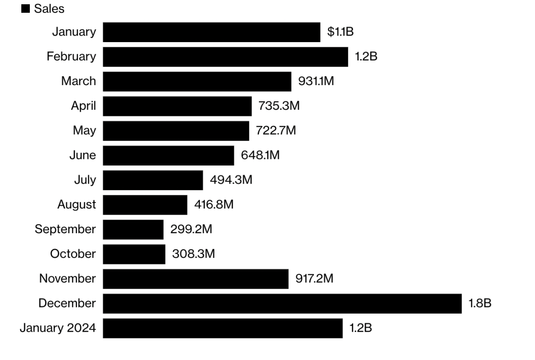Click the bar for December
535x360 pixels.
tap(282, 303)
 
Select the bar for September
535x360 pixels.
tap(133, 229)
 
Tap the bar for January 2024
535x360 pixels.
tap(223, 328)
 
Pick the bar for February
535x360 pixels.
tap(225, 57)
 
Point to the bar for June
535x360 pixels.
tap(168, 155)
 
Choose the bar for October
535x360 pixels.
tap(134, 254)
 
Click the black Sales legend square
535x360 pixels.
tap(26, 9)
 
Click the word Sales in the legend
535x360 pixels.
tap(49, 9)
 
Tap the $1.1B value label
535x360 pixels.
tap(340, 32)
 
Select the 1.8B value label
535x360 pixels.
tap(480, 303)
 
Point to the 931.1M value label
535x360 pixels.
tap(316, 81)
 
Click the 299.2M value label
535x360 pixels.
tap(191, 229)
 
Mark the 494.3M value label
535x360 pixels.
tap(231, 180)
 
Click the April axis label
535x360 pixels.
tap(83, 106)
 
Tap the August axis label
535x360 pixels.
tap(77, 205)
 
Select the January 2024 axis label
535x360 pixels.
tap(57, 328)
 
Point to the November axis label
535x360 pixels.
tap(67, 279)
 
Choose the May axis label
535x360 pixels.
tap(84, 131)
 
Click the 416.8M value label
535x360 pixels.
tap(214, 205)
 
